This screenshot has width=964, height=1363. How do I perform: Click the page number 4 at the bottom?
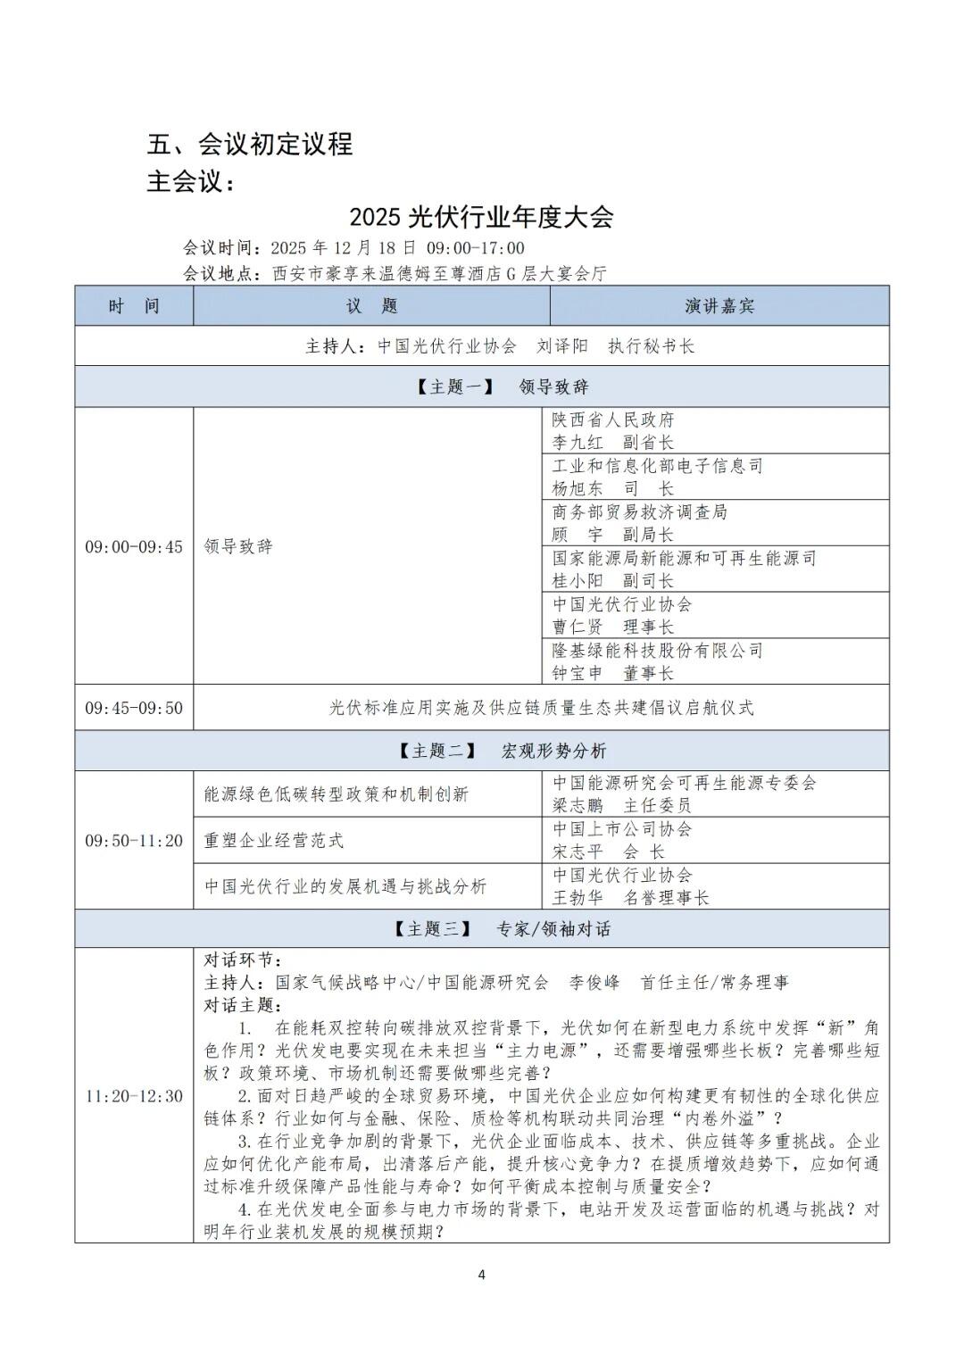pos(482,1275)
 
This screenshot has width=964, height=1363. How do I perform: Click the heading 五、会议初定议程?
pos(250,144)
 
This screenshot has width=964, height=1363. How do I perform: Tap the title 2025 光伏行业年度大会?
pos(481,217)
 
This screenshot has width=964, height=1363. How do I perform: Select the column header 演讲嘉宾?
pos(719,306)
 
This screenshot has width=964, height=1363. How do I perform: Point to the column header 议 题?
pos(371,306)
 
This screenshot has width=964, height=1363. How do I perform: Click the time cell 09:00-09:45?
pos(134,546)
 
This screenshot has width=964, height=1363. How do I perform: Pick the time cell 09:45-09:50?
pos(134,708)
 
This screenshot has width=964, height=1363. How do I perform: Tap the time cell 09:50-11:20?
pos(134,841)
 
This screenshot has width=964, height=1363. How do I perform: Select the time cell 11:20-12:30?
pos(134,1096)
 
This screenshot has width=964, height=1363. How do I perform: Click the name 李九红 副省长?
pos(612,443)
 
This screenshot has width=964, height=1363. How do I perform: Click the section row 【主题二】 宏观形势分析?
pos(482,751)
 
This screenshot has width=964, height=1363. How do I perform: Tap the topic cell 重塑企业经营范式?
pos(274,841)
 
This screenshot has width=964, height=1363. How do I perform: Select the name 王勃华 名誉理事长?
pos(630,898)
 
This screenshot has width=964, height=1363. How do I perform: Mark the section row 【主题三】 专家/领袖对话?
pos(482,929)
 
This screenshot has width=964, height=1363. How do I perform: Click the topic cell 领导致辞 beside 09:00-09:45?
pos(238,546)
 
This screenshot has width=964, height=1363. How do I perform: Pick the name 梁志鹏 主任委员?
pos(621,805)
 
